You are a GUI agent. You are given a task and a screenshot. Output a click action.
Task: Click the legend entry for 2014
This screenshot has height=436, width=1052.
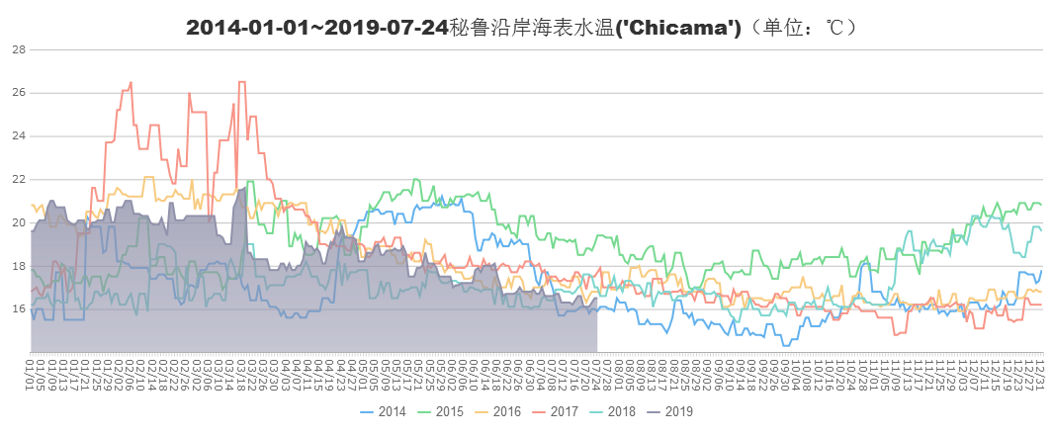tap(392, 411)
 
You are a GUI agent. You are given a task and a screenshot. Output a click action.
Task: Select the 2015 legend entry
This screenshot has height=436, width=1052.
tap(450, 411)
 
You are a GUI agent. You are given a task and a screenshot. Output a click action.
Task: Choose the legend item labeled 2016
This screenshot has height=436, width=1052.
tap(507, 411)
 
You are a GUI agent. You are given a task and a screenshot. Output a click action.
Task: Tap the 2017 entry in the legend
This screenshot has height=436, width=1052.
tap(565, 411)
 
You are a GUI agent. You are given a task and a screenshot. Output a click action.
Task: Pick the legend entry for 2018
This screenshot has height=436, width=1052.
tap(622, 411)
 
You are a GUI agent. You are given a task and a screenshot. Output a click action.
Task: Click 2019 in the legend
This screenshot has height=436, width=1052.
tap(679, 411)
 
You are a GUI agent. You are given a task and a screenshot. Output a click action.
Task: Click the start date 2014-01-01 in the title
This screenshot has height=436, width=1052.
tap(245, 28)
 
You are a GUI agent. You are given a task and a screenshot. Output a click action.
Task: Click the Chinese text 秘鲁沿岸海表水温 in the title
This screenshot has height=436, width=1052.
tap(525, 28)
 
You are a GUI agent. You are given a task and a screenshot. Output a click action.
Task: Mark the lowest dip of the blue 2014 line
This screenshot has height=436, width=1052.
tap(786, 344)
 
